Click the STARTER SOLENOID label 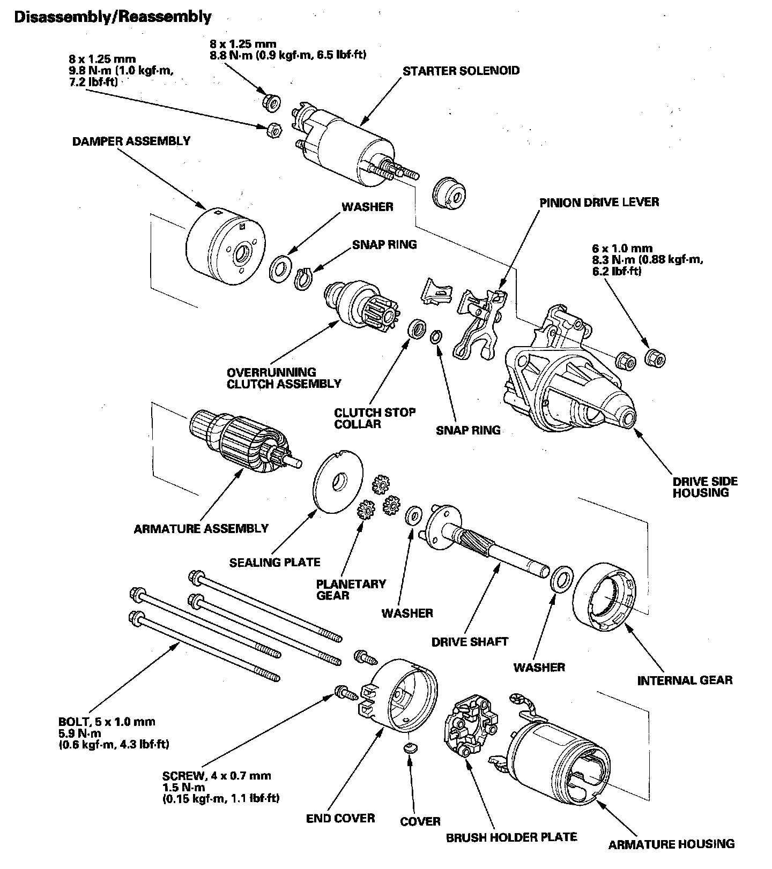[461, 71]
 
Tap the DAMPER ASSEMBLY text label [131, 141]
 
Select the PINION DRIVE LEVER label [599, 202]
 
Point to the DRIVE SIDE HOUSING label [705, 486]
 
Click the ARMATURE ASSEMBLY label [201, 529]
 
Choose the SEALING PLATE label [274, 563]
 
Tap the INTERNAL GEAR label [685, 680]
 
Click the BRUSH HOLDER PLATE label [511, 837]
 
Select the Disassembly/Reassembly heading [113, 17]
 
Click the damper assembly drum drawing [225, 246]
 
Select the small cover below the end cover [410, 748]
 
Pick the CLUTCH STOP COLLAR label [374, 418]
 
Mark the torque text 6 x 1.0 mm [622, 249]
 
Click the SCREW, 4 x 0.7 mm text [217, 776]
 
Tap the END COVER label [340, 818]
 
